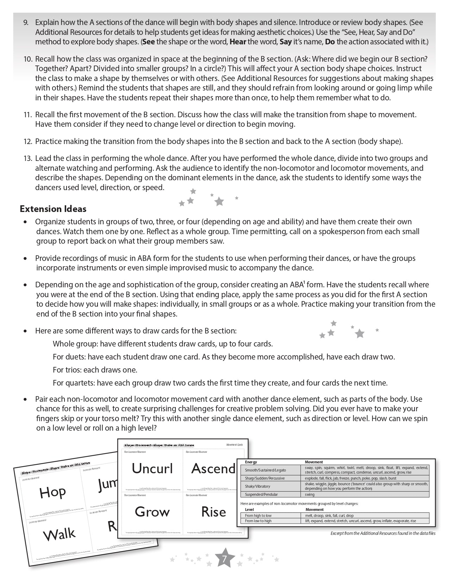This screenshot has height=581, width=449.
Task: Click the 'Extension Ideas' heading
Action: (x=53, y=209)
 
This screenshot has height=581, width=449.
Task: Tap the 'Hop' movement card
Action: (x=52, y=492)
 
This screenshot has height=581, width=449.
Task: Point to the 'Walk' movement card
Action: (x=59, y=535)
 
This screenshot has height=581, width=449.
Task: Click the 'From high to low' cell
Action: (x=258, y=516)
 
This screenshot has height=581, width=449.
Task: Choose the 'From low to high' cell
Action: (x=258, y=521)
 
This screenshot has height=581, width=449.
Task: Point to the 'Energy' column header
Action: (x=251, y=462)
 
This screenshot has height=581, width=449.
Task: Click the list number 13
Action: (x=28, y=158)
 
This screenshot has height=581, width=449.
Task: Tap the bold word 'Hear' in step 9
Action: (x=238, y=42)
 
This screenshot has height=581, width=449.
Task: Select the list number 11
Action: (x=28, y=114)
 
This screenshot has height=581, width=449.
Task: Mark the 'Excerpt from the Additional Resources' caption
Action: (x=383, y=533)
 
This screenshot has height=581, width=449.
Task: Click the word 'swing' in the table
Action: (x=310, y=494)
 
